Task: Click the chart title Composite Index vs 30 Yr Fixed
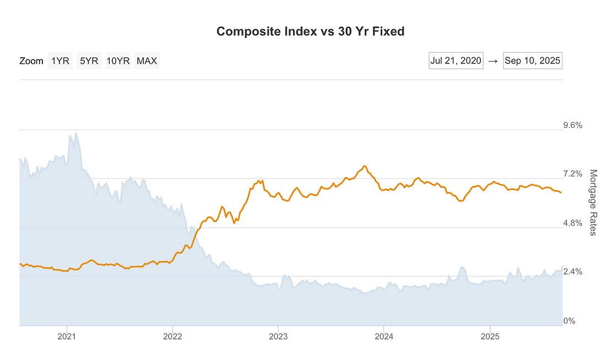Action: point(310,31)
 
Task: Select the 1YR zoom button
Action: point(60,61)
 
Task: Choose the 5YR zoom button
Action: point(89,61)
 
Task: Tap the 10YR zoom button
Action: point(118,61)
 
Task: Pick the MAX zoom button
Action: point(147,61)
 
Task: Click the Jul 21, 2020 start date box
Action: point(456,61)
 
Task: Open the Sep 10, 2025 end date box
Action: point(532,61)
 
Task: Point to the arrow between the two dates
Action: point(493,61)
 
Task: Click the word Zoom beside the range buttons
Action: point(31,61)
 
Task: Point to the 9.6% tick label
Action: point(572,125)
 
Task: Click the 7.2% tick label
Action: point(572,174)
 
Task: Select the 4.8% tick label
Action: point(572,223)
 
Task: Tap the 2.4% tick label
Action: point(572,272)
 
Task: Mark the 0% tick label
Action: point(569,321)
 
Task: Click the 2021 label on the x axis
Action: point(67,336)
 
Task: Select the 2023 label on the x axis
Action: point(278,336)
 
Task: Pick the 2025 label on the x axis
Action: point(490,336)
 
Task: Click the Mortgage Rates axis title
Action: point(593,202)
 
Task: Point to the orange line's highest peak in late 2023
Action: point(364,166)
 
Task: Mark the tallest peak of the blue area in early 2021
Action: point(75,132)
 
